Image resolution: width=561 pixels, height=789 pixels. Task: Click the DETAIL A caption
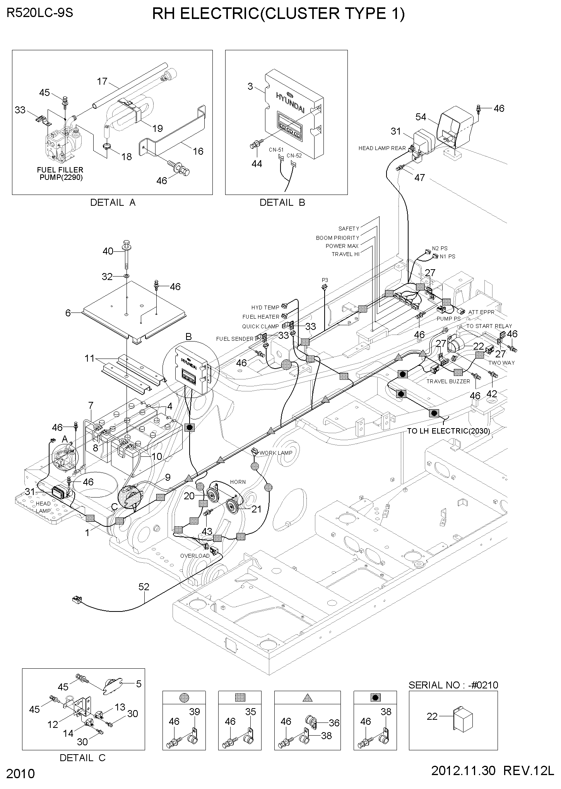point(113,202)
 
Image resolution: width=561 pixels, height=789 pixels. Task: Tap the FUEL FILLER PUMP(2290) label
point(60,174)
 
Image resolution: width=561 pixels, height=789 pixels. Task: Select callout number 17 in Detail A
point(102,82)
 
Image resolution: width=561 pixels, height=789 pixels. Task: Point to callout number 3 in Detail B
point(250,86)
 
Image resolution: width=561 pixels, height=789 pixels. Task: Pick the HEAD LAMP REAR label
point(382,148)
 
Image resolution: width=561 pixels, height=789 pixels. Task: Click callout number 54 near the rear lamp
point(421,116)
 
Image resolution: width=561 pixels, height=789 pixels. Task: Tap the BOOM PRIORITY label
point(337,238)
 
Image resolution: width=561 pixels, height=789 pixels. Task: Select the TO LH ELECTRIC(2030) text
point(448,431)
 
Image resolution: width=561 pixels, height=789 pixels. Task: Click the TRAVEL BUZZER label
point(448,381)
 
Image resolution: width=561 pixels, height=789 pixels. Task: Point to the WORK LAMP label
point(276,453)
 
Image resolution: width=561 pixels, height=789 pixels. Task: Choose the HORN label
point(238,482)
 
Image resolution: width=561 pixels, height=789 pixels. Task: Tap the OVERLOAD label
point(195,556)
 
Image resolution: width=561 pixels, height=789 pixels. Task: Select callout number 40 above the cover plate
point(108,251)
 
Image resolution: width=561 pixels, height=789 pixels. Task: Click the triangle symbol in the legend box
point(308,698)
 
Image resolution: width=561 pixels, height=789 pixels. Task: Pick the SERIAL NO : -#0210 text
point(453,685)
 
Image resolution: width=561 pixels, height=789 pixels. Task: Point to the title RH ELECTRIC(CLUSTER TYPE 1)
point(278,14)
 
